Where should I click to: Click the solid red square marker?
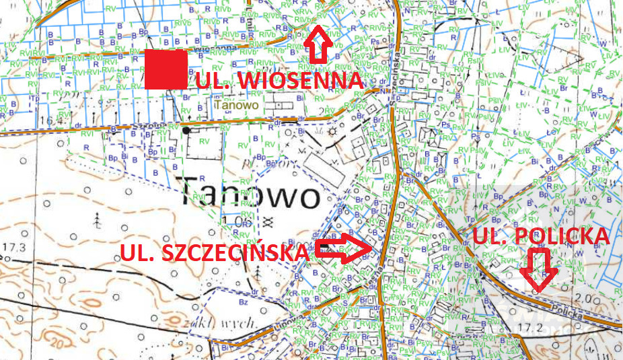(166, 69)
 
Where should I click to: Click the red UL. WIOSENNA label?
(279, 81)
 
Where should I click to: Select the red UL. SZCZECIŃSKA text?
(214, 253)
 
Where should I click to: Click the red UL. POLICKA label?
(541, 236)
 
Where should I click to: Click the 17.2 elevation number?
(531, 328)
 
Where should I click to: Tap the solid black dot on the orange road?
(186, 130)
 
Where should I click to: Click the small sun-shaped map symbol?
(332, 131)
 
